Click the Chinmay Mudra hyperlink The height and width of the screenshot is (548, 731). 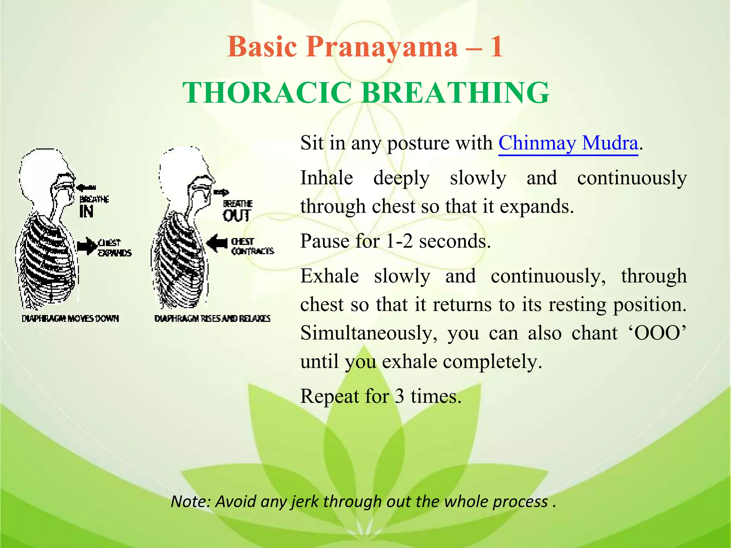pos(568,143)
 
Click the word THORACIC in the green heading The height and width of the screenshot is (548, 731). pos(267,93)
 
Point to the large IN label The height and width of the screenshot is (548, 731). pos(86,212)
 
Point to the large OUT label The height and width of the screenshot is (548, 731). pos(237,215)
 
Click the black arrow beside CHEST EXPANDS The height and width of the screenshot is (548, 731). pos(87,246)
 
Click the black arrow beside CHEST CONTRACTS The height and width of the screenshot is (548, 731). pos(217,243)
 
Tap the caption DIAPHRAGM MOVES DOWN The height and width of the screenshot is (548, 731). pos(70,318)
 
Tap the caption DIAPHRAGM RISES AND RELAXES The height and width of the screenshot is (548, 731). pos(212,318)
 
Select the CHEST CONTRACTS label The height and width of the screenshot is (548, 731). pos(252,247)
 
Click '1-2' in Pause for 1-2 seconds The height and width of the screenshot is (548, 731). pos(399,242)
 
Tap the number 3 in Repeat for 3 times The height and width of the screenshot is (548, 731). pos(399,396)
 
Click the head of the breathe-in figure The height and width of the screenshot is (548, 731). pos(43,171)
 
